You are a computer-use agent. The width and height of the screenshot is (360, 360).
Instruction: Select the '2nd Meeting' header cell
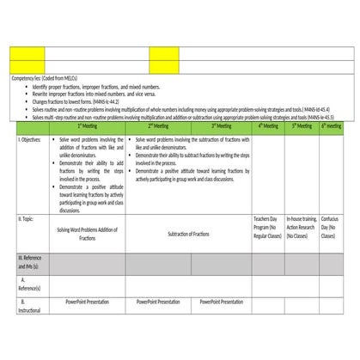point(157,125)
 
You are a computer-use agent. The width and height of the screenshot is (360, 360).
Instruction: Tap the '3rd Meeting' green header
point(221,125)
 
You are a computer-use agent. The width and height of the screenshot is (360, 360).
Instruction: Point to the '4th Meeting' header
point(268,125)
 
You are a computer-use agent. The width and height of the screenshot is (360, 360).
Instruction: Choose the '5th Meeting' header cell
point(301,125)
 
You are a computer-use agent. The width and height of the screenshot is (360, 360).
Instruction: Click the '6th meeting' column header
point(331,125)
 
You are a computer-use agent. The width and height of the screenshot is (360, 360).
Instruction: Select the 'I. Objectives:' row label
point(30,137)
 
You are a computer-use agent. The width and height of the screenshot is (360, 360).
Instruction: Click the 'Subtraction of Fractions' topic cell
point(188,234)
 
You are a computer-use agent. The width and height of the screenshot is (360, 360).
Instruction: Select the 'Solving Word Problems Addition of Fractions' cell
point(87,234)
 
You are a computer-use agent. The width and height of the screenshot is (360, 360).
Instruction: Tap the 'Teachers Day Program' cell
point(268,227)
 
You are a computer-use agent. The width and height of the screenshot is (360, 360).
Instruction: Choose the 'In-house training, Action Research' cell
point(301,227)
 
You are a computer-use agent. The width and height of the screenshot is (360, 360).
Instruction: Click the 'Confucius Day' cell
point(331,227)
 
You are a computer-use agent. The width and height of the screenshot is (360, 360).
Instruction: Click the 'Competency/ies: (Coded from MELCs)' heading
point(44,78)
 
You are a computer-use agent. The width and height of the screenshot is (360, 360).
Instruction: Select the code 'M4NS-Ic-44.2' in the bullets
point(113,102)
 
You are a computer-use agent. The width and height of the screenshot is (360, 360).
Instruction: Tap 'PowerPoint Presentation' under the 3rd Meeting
point(221,302)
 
